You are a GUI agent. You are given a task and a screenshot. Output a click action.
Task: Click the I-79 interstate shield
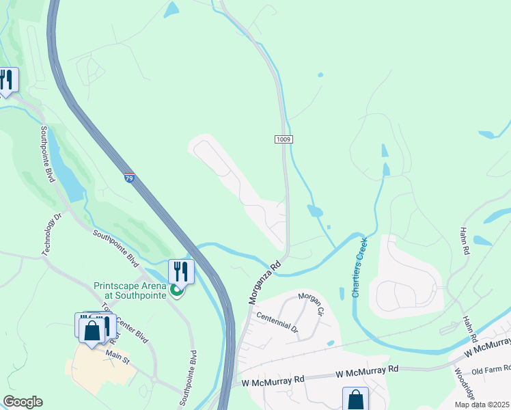pyautogui.click(x=129, y=178)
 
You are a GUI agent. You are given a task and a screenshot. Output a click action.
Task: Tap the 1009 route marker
pyautogui.click(x=284, y=139)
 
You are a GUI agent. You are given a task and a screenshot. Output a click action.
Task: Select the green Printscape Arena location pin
pyautogui.click(x=176, y=292)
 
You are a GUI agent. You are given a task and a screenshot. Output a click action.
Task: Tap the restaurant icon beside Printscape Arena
pyautogui.click(x=181, y=271)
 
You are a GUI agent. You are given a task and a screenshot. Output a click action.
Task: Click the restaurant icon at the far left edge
pyautogui.click(x=7, y=79)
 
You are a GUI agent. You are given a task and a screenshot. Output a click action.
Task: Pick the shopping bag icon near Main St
pyautogui.click(x=92, y=331)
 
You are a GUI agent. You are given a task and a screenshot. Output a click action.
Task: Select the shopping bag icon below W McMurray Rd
pyautogui.click(x=355, y=399)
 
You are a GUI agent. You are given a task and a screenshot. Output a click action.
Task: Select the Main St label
pyautogui.click(x=117, y=355)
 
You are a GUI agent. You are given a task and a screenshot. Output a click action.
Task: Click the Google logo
pyautogui.click(x=23, y=402)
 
